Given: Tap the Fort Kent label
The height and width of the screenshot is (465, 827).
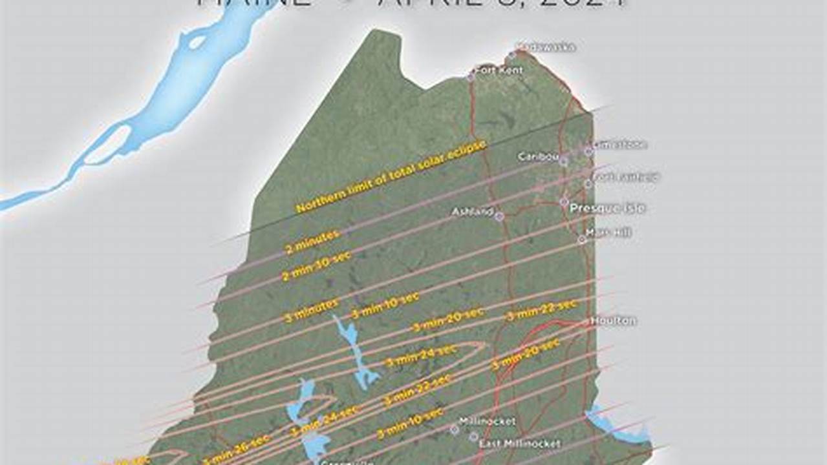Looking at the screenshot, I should click(x=499, y=69).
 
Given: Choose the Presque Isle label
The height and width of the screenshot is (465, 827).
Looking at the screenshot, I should click(x=607, y=208).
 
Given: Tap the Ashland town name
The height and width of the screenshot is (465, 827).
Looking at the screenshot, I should click(x=473, y=211).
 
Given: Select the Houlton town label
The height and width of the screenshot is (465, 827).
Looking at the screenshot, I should click(x=613, y=320).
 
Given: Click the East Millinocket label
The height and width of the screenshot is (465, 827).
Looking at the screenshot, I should click(x=520, y=444).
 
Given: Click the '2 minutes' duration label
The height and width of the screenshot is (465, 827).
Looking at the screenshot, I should click(x=313, y=241).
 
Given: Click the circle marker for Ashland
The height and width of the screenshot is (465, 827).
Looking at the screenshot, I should click(x=499, y=216).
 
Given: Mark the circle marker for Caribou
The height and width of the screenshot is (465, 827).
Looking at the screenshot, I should click(x=564, y=161).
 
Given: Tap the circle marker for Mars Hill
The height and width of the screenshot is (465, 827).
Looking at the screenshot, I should click(x=581, y=240).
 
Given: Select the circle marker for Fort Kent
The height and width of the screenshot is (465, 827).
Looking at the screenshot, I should click(x=471, y=77).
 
